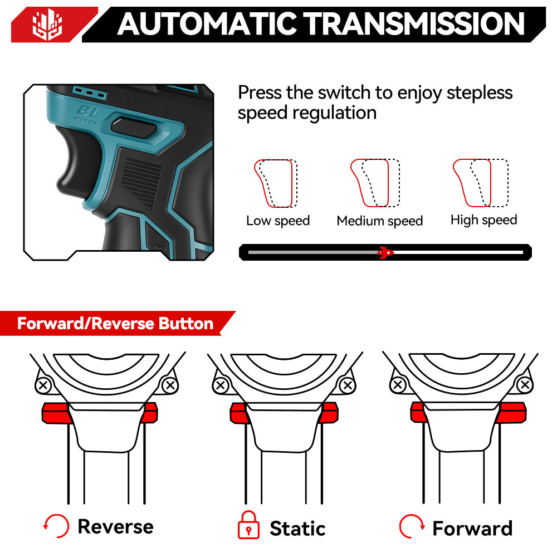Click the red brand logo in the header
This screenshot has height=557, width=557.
47,25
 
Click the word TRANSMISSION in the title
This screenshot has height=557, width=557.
416,24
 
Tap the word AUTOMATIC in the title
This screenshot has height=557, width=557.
207,24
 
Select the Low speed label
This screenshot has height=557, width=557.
278,221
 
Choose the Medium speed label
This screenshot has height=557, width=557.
380,221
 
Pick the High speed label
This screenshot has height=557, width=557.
484,220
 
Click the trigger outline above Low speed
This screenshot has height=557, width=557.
276,183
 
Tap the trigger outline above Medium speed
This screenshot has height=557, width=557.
375,183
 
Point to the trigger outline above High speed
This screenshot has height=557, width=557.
481,183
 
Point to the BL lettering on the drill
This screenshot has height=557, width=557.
88,112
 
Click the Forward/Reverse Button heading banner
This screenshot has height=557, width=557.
115,323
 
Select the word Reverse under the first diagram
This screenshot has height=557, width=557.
115,526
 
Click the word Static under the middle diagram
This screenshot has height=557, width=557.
297,528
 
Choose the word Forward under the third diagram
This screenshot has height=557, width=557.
472,528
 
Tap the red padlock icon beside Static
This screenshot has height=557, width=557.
248,525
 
